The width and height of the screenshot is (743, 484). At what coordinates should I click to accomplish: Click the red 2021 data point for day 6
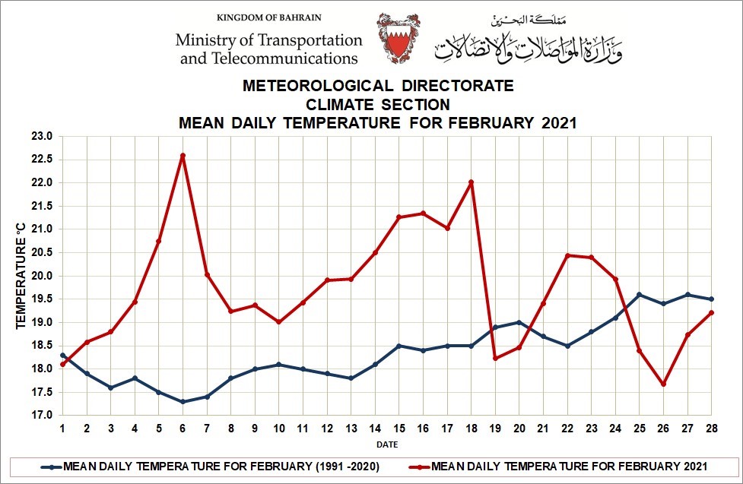(183, 156)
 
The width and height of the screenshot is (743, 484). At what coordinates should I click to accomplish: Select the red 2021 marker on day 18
(472, 182)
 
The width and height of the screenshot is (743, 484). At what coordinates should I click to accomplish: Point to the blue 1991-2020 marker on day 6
(183, 402)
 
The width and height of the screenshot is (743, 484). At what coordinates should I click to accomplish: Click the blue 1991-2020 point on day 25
(639, 295)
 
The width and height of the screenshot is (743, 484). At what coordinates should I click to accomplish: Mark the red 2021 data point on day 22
(567, 255)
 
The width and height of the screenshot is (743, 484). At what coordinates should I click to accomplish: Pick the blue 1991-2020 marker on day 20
(519, 322)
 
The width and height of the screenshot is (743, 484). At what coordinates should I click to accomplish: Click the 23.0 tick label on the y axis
(42, 137)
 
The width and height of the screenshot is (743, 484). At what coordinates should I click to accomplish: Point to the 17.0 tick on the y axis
(42, 416)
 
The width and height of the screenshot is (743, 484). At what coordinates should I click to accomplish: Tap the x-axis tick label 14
(375, 429)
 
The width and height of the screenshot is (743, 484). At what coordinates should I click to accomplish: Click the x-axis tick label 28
(711, 429)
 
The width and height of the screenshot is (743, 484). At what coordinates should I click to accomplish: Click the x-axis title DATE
(387, 444)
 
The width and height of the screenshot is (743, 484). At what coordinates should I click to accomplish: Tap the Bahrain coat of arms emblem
(398, 37)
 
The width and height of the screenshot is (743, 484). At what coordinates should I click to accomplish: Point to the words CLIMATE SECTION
(378, 104)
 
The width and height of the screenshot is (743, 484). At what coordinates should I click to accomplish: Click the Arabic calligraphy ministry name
(528, 43)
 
